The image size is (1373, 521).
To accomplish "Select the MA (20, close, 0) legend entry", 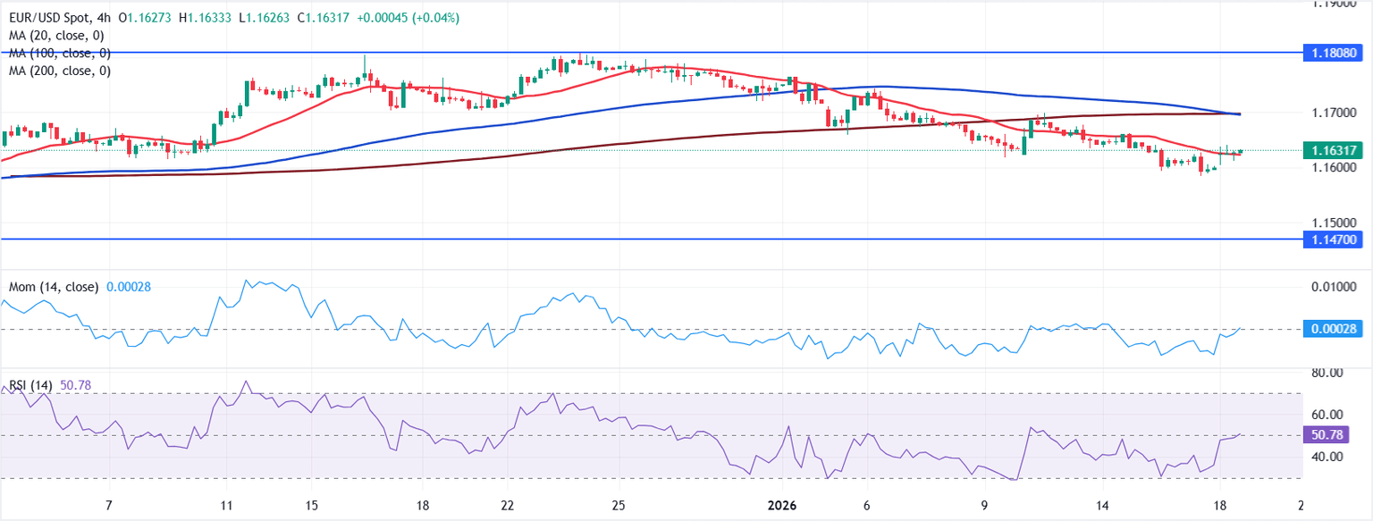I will tap(55, 36).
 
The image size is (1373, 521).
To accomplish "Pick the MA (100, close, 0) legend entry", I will tap(59, 53).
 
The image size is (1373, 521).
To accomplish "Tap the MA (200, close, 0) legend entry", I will tap(59, 71).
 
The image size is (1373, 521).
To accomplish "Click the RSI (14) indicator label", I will tap(30, 385).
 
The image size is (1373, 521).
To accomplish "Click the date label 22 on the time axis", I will tap(507, 505).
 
